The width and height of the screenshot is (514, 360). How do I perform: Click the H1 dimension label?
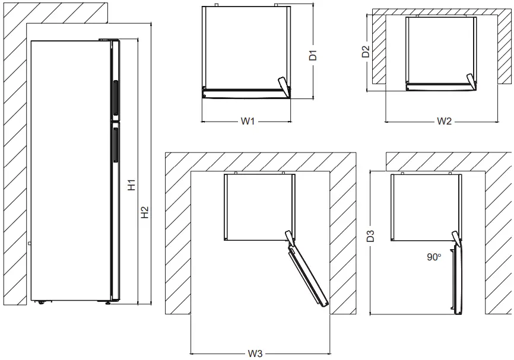point(132,185)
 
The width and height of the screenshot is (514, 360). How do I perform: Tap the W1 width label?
point(248,122)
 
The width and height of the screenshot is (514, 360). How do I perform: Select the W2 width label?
point(445,122)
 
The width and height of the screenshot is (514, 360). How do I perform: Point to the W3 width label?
point(255,353)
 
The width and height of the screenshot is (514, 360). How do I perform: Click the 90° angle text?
point(434,257)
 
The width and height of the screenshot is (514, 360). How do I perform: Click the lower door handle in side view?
point(114,145)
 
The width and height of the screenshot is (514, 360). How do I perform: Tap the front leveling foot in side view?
point(108,302)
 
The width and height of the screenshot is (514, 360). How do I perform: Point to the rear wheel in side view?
point(41,302)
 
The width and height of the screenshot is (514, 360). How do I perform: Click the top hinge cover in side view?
point(110,40)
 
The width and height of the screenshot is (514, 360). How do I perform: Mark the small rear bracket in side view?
point(29,243)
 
